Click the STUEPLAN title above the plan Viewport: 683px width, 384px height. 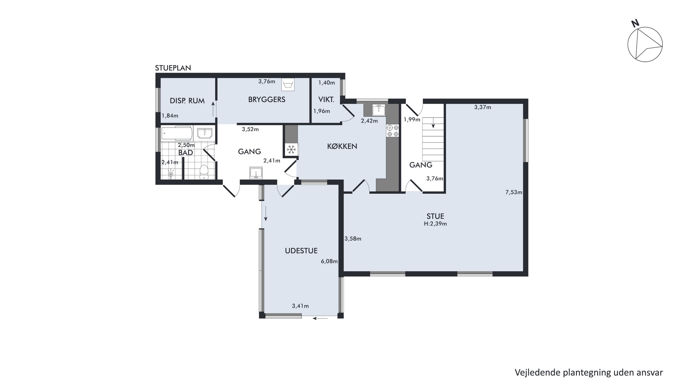(x=173, y=68)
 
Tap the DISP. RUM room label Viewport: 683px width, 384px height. (x=187, y=101)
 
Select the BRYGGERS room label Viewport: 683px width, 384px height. (x=267, y=100)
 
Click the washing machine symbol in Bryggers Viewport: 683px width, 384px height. (x=288, y=84)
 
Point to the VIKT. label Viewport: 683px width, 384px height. (x=326, y=100)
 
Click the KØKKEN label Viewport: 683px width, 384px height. (x=342, y=146)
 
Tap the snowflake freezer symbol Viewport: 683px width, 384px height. (x=292, y=150)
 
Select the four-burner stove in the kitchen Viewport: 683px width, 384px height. (x=393, y=131)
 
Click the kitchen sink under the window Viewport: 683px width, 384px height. (x=379, y=110)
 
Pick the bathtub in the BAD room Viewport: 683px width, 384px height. (x=177, y=133)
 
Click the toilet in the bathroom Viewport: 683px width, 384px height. (x=204, y=172)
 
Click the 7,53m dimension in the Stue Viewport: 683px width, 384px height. (x=514, y=192)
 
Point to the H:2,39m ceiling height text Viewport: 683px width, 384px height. (x=435, y=224)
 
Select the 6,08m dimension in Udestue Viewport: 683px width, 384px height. (x=329, y=261)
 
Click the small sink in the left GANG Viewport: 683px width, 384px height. (x=256, y=173)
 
